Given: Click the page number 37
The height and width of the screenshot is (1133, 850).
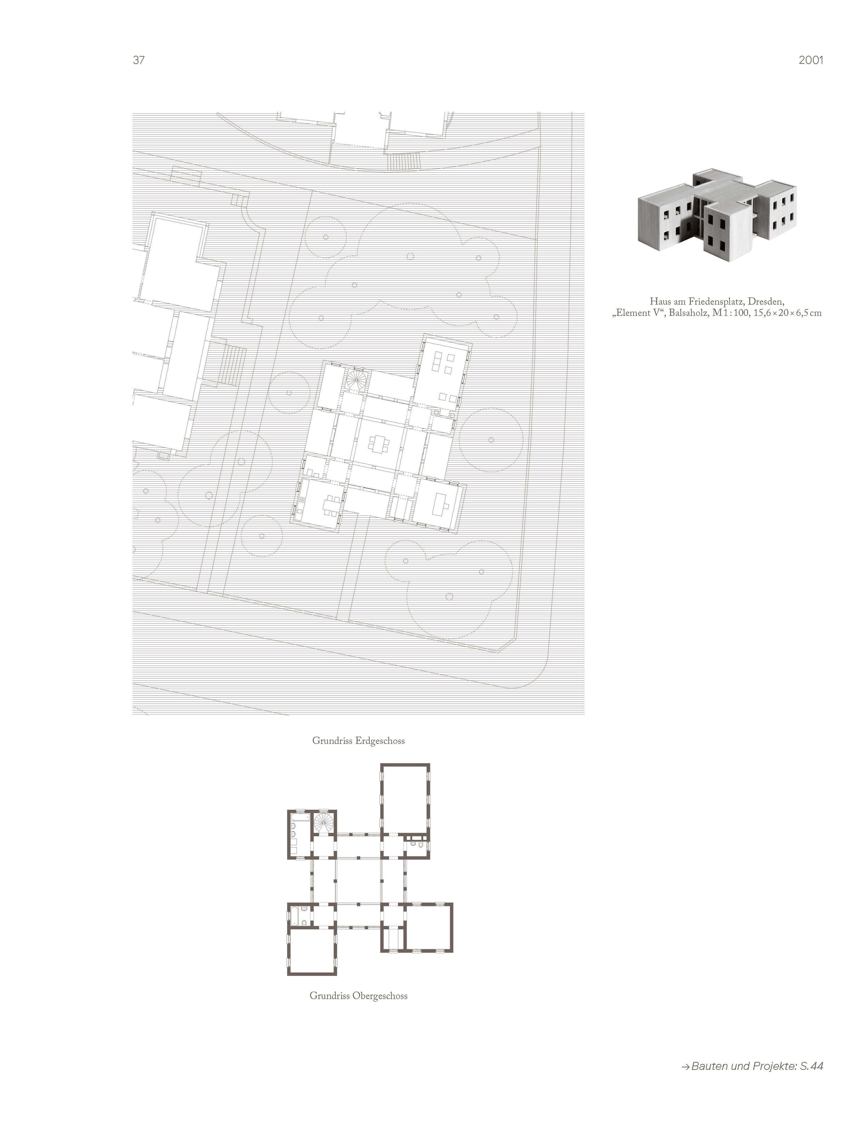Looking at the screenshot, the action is (x=138, y=60).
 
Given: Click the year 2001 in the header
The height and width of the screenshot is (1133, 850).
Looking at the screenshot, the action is (x=811, y=60).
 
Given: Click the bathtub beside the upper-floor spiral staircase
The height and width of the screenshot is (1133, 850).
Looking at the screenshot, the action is (x=294, y=826).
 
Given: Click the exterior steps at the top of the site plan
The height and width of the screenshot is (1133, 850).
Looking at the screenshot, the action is (x=404, y=163).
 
